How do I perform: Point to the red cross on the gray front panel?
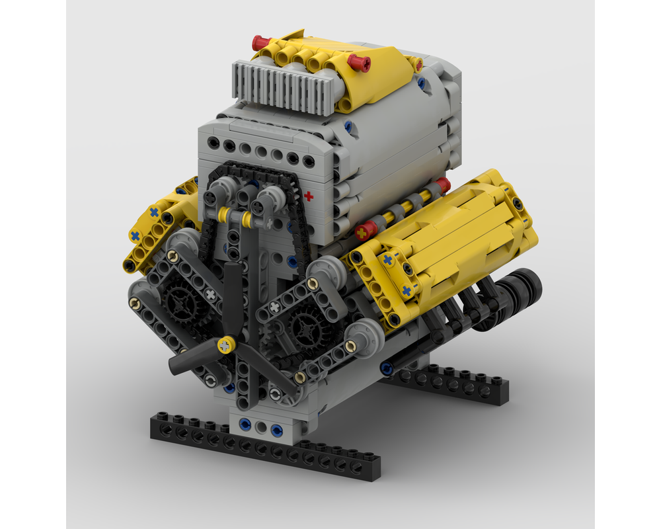pyautogui.click(x=309, y=196)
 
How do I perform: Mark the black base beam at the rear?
pyautogui.click(x=449, y=384)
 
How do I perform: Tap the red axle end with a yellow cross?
pyautogui.click(x=365, y=231)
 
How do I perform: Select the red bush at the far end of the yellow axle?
pyautogui.click(x=443, y=185)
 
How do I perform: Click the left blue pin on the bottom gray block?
pyautogui.click(x=245, y=423)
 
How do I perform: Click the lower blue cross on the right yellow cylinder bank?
pyautogui.click(x=406, y=290)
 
